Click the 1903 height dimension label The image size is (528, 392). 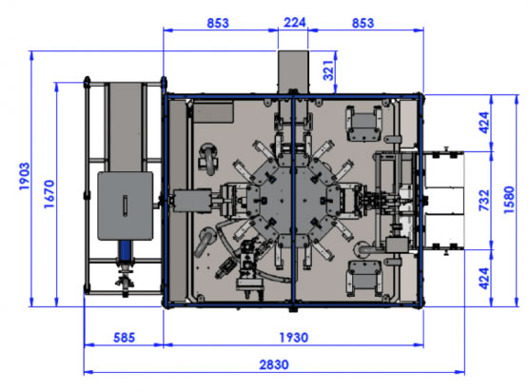[x=24, y=176]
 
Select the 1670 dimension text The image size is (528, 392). [x=49, y=194]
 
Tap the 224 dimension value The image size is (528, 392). [x=295, y=23]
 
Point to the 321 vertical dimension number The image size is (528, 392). [x=328, y=70]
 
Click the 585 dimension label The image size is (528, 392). [x=125, y=338]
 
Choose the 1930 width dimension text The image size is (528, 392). [x=294, y=338]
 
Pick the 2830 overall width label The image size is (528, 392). [x=274, y=364]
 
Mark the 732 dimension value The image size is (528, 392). [x=484, y=201]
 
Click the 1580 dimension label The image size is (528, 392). [x=509, y=200]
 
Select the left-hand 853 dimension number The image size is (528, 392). [x=218, y=23]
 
